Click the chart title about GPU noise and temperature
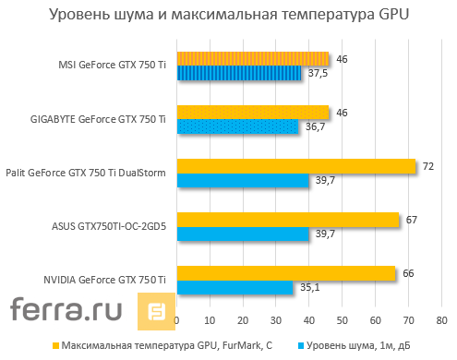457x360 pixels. [x=228, y=16]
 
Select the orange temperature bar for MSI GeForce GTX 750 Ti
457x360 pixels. [x=252, y=58]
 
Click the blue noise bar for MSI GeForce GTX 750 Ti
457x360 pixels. [x=238, y=73]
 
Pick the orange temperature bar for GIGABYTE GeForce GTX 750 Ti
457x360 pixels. [x=252, y=112]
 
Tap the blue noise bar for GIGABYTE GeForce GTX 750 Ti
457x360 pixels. [x=237, y=126]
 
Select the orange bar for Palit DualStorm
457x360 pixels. [x=295, y=166]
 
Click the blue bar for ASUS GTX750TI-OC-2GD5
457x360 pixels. [x=242, y=234]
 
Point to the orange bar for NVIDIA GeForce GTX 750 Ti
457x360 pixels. [x=285, y=273]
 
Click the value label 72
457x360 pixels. [x=427, y=165]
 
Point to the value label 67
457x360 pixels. [x=411, y=219]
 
